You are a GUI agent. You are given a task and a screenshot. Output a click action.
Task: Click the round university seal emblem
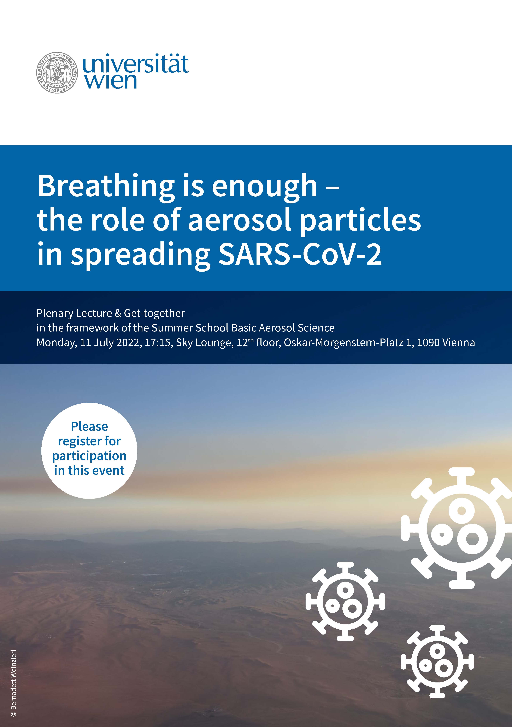pyautogui.click(x=57, y=73)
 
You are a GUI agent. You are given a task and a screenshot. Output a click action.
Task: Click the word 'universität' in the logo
pyautogui.click(x=135, y=64)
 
